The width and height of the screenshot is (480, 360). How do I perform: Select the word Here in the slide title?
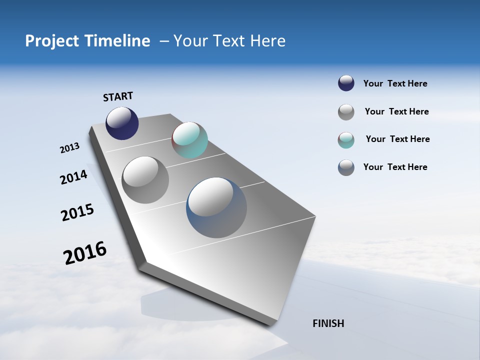pyautogui.click(x=267, y=41)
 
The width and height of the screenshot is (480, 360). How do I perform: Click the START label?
pyautogui.click(x=118, y=96)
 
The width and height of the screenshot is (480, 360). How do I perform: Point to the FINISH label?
pyautogui.click(x=328, y=323)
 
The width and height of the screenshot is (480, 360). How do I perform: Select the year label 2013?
pyautogui.click(x=69, y=148)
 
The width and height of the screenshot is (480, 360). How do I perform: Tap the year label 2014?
pyautogui.click(x=74, y=177)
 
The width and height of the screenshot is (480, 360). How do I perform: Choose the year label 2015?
pyautogui.click(x=77, y=212)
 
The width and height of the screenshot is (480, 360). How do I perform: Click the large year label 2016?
pyautogui.click(x=85, y=252)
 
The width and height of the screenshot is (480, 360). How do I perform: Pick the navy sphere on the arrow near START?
pyautogui.click(x=122, y=123)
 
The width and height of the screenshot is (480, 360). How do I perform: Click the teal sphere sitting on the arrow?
pyautogui.click(x=189, y=140)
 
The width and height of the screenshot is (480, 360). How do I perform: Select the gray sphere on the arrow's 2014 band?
pyautogui.click(x=145, y=180)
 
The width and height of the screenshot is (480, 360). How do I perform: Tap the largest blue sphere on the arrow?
pyautogui.click(x=216, y=207)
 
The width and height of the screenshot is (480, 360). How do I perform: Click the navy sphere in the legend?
pyautogui.click(x=346, y=83)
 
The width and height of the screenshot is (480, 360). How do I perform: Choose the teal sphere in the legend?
pyautogui.click(x=346, y=140)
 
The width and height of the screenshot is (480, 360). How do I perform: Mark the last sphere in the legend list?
pyautogui.click(x=346, y=167)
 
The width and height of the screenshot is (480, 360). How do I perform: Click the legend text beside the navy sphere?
pyautogui.click(x=395, y=84)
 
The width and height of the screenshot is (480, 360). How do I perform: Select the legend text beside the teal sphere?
pyautogui.click(x=397, y=139)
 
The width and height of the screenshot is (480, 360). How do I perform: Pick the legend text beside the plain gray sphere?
pyautogui.click(x=396, y=111)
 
